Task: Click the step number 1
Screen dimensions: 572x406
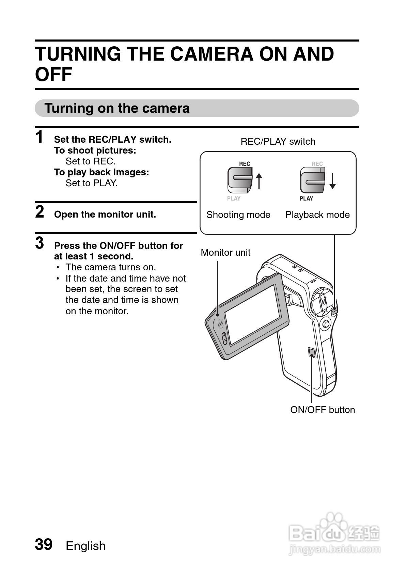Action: (x=40, y=137)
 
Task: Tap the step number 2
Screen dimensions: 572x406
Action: (x=40, y=212)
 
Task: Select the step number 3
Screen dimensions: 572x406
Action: (x=40, y=243)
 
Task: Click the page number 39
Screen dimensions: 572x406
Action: (x=44, y=544)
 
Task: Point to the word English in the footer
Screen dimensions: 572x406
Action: (x=85, y=546)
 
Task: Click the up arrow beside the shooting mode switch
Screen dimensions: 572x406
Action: (x=259, y=180)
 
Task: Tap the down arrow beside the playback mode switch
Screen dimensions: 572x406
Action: (x=332, y=180)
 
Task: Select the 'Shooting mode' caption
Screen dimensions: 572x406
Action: (x=238, y=215)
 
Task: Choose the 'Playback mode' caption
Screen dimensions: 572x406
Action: (x=317, y=215)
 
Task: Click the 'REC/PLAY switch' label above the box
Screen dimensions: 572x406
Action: (x=278, y=142)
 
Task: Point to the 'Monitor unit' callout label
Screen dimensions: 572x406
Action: (x=225, y=253)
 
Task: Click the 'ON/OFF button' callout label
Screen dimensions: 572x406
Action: (x=322, y=410)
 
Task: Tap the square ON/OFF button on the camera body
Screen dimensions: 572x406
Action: (x=311, y=352)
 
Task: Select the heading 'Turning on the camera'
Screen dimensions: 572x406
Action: (x=117, y=108)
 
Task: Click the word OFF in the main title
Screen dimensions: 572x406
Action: (x=54, y=74)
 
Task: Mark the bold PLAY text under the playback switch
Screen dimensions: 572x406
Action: (x=306, y=198)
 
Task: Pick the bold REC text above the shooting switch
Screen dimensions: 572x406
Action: (x=245, y=164)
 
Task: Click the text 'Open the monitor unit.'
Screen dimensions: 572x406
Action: (x=105, y=214)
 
